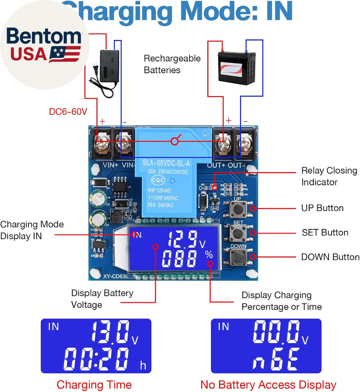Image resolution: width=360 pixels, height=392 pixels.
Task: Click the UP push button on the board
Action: (236, 209)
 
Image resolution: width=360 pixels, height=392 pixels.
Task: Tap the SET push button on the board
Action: (236, 233)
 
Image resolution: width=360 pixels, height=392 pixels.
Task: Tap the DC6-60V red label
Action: (68, 112)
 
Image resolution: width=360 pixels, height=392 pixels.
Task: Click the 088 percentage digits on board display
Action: (180, 260)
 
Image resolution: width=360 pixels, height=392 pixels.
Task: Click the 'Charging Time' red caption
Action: (94, 385)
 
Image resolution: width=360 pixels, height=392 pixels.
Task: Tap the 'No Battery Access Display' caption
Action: (268, 385)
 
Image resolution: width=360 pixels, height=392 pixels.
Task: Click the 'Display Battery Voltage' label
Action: (102, 299)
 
